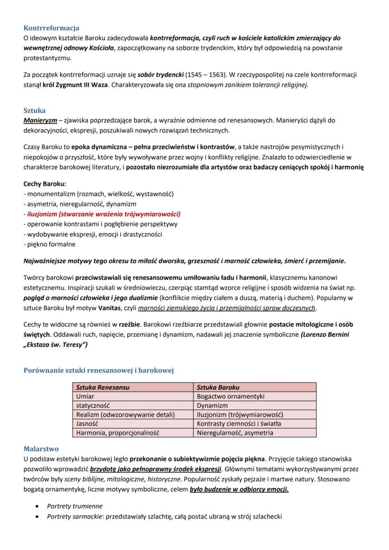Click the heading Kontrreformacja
click(x=51, y=28)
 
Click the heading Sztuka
click(x=34, y=110)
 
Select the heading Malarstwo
click(x=41, y=449)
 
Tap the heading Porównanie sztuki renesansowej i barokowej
click(x=99, y=371)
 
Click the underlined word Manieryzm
click(x=40, y=120)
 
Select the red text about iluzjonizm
click(x=104, y=214)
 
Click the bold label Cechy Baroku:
click(x=45, y=184)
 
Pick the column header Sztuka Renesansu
click(x=103, y=387)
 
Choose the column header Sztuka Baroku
click(x=218, y=387)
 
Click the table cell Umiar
click(x=85, y=396)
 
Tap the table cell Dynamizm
click(x=212, y=405)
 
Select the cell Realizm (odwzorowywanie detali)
click(x=125, y=414)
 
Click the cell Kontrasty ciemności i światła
click(x=239, y=424)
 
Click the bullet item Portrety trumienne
click(x=75, y=506)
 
